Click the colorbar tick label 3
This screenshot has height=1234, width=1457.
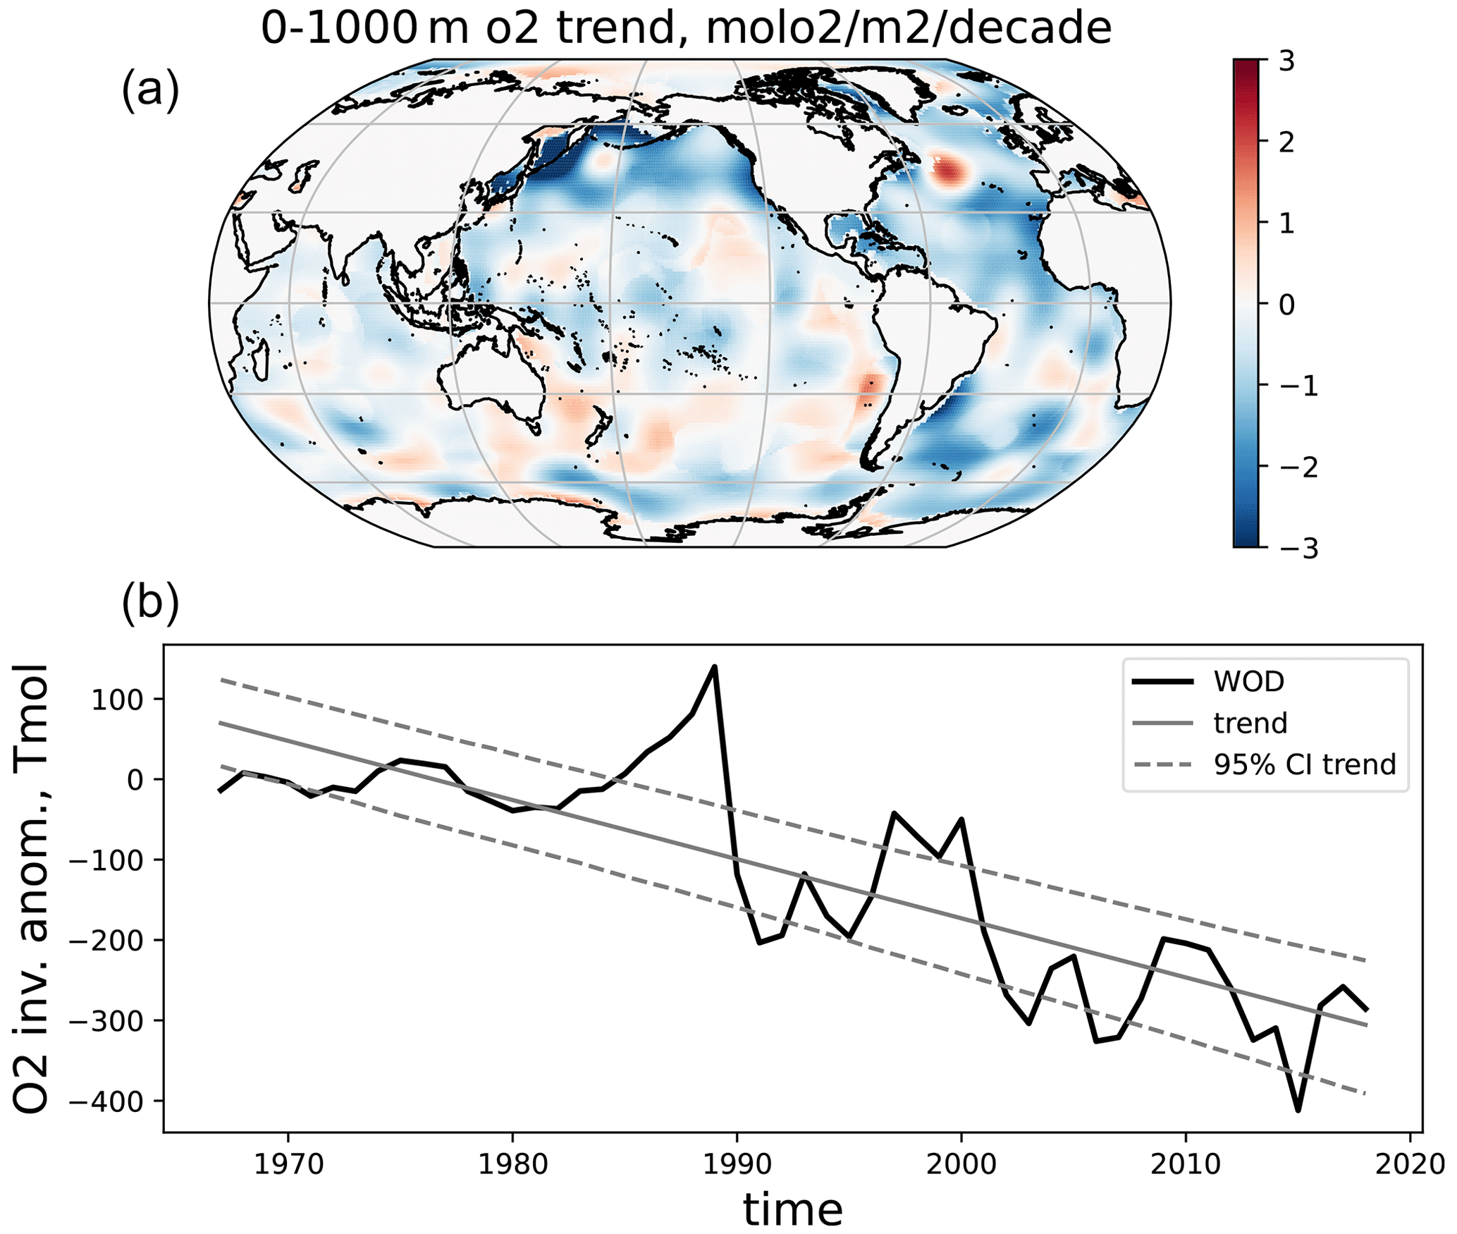click(1287, 62)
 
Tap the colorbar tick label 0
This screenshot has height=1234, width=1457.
click(1287, 305)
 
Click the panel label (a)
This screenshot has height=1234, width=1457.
click(150, 91)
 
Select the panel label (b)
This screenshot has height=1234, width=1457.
click(150, 604)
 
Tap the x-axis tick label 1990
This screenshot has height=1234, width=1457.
click(737, 1163)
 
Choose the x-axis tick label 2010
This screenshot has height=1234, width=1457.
click(1186, 1163)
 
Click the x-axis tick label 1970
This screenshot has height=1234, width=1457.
click(288, 1163)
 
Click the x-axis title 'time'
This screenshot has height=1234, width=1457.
click(793, 1209)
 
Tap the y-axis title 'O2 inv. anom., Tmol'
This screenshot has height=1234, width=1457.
click(31, 888)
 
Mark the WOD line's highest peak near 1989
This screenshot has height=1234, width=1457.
click(715, 666)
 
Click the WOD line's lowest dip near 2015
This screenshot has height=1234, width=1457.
click(1298, 1111)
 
